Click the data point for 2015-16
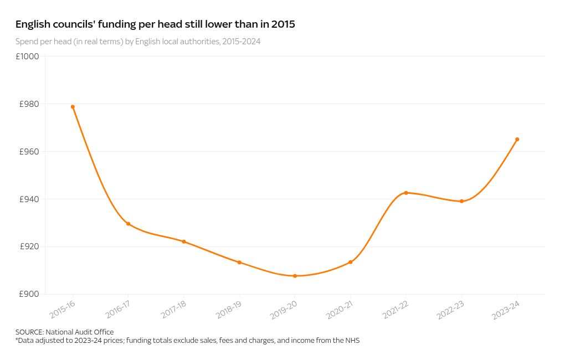pos(73,107)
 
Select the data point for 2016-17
pos(129,224)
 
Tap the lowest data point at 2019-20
pos(295,276)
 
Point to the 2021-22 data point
pos(406,193)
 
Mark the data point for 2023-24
pos(517,140)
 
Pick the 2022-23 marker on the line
pos(461,201)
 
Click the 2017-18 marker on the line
pos(184,241)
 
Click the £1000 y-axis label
pos(28,56)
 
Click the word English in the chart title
pos(33,24)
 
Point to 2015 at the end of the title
pos(283,24)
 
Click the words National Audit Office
pos(80,332)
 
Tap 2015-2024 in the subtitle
pos(242,42)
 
